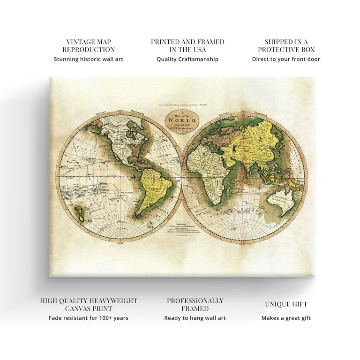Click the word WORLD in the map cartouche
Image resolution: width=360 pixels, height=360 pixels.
coord(180,120)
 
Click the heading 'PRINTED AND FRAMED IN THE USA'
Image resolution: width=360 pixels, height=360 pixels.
coord(187,46)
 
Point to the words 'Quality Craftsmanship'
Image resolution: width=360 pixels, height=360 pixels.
coord(187,59)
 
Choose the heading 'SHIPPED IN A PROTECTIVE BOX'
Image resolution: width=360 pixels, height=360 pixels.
coord(286,46)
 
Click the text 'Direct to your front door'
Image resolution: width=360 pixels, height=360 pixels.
coord(286,59)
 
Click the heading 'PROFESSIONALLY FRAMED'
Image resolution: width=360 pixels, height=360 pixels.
coord(195,305)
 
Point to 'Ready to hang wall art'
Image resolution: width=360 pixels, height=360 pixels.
coord(195,318)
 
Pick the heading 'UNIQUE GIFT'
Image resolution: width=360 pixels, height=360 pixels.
coord(286,304)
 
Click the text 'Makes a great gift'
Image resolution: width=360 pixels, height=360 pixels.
coord(286,318)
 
